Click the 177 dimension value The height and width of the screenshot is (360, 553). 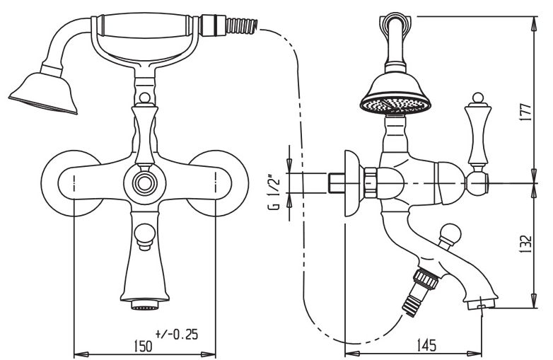coord(527,112)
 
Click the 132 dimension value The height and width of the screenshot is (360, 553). coord(527,244)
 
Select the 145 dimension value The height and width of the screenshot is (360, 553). coord(426,345)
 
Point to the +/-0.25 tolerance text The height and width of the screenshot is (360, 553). coord(176,335)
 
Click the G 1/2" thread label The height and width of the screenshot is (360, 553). coord(275,192)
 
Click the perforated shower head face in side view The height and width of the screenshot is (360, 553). coord(395,105)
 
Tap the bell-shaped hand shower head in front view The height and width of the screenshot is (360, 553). coord(44,93)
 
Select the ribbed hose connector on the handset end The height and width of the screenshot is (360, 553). coord(242,26)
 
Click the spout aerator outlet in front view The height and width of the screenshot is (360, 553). coord(145,304)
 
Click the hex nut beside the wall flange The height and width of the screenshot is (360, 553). coord(371,182)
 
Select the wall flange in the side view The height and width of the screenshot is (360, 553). coord(354,183)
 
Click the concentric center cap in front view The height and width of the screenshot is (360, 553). coord(144,183)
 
